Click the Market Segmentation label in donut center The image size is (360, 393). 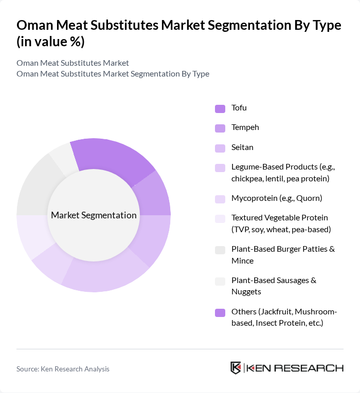pos(94,215)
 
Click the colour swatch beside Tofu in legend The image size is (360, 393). pos(220,108)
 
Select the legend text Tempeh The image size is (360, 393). pos(245,127)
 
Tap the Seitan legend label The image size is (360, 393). pos(242,147)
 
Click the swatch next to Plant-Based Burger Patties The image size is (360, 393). pos(220,250)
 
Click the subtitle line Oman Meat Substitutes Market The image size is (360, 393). pos(73,63)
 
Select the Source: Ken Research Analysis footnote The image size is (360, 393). pos(63,369)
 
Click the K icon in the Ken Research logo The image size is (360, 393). pos(236,368)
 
